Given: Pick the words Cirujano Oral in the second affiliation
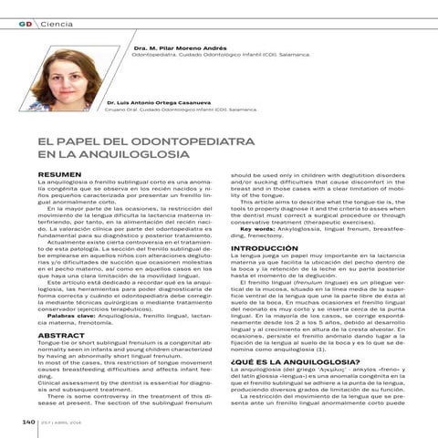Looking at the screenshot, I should click(124, 109).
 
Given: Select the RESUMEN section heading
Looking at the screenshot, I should click(54, 174).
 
